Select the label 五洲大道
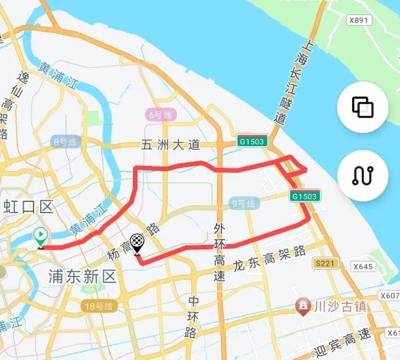(x=170, y=145)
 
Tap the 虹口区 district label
(x=27, y=207)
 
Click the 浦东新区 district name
(x=82, y=276)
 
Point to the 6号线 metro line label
(x=159, y=115)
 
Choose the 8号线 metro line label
(x=64, y=141)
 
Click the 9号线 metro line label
(x=242, y=204)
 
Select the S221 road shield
(x=324, y=264)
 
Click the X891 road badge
(x=359, y=20)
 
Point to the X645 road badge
(x=362, y=267)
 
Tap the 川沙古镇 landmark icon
(x=303, y=305)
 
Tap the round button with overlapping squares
(x=362, y=107)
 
